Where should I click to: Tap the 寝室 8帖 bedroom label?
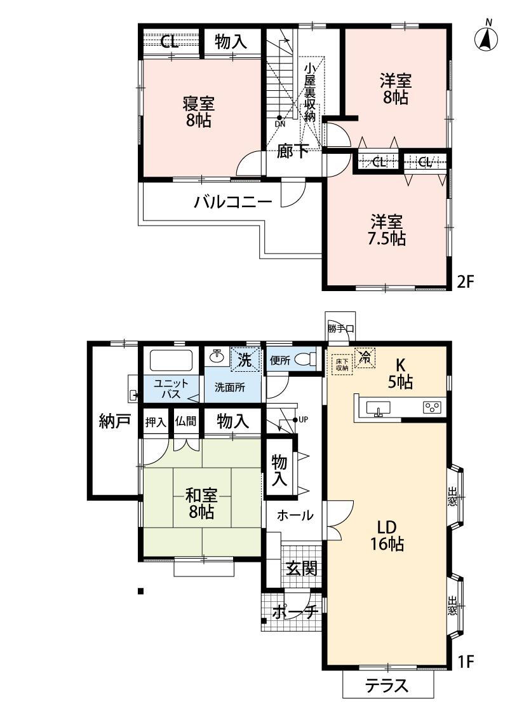tap(199, 112)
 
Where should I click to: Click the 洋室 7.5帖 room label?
tap(386, 230)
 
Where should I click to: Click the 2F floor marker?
tap(465, 282)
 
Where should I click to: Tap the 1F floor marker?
tap(465, 661)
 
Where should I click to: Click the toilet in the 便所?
tap(306, 359)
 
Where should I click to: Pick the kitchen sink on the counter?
tap(378, 407)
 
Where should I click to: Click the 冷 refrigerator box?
tap(365, 356)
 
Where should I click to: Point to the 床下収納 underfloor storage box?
tap(342, 364)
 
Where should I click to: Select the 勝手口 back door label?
tap(340, 329)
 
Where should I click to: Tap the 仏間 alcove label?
tap(185, 421)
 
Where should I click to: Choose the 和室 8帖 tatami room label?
tap(201, 503)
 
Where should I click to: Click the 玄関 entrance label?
tap(301, 568)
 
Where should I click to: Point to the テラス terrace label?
tap(387, 685)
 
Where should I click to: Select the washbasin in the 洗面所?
tap(217, 356)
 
